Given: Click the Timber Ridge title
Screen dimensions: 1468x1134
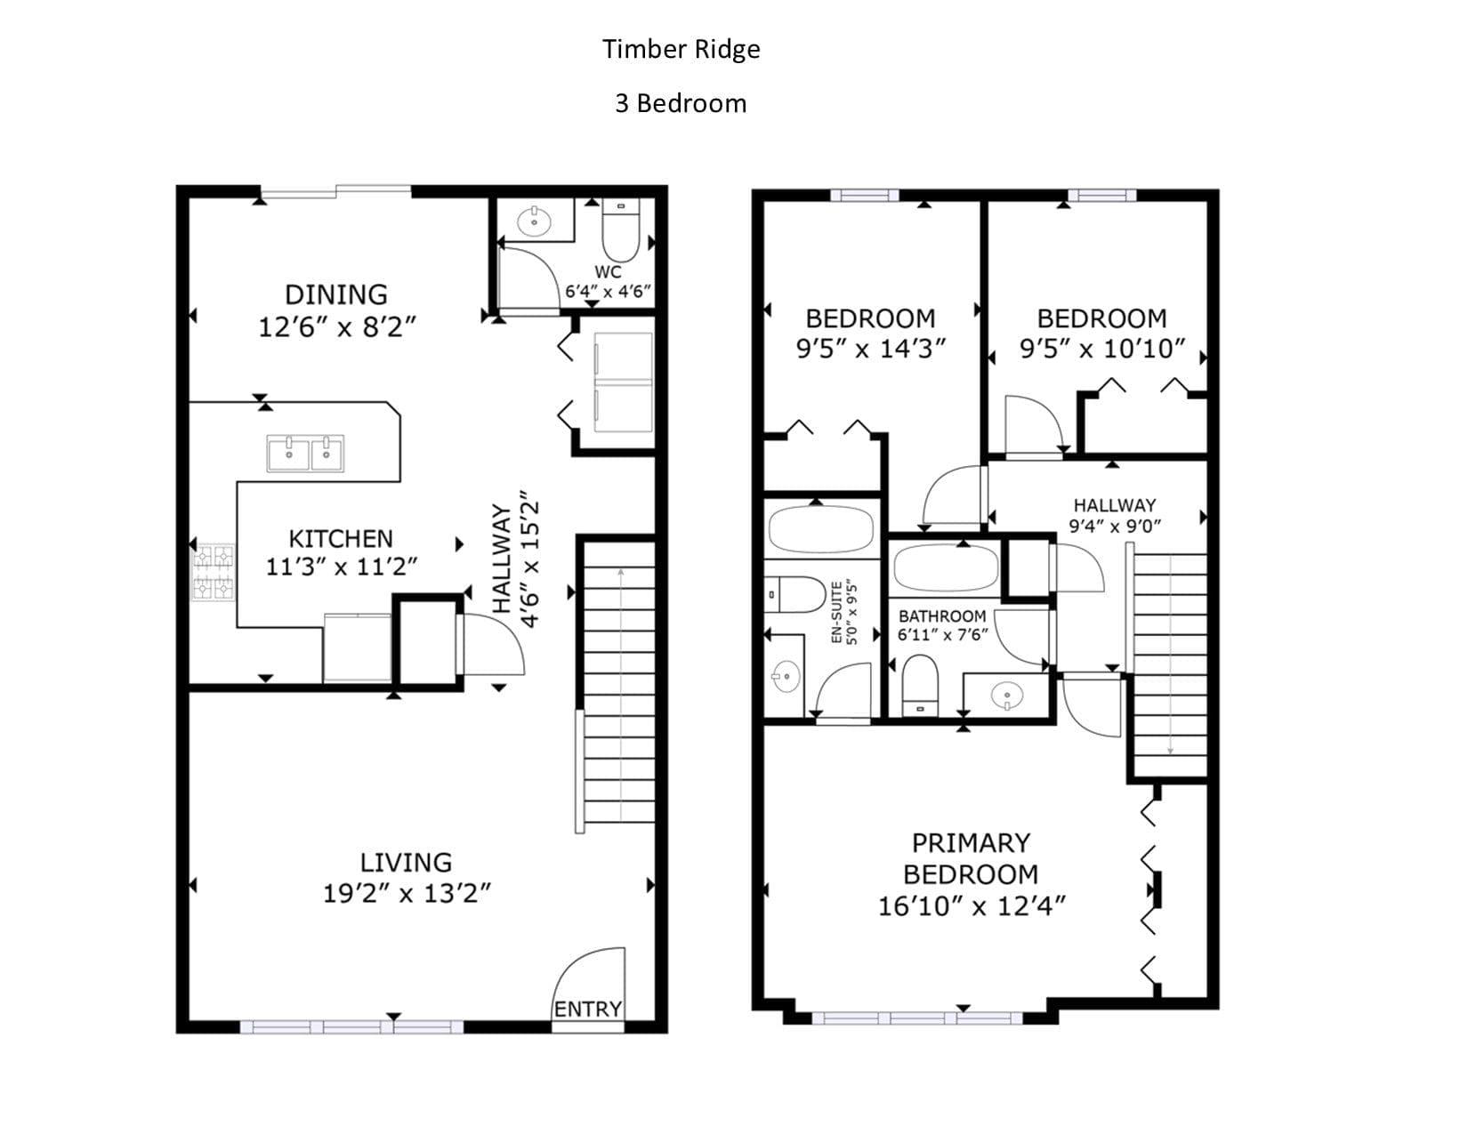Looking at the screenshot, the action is [x=681, y=49].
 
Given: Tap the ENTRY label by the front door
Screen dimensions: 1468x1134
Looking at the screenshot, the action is [x=588, y=1009].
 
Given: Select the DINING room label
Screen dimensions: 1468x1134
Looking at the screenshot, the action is [x=336, y=294].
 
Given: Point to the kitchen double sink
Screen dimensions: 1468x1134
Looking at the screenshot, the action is [x=305, y=453].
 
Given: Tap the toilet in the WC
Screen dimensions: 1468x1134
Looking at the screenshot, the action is [x=621, y=229].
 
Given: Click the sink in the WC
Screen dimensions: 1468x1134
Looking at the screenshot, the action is [x=535, y=221].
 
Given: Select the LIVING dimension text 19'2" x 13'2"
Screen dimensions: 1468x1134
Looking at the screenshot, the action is [x=407, y=894].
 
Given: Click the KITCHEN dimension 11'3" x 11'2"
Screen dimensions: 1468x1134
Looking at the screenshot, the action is [x=341, y=566].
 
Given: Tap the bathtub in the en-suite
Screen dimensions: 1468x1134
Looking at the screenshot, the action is [x=821, y=530].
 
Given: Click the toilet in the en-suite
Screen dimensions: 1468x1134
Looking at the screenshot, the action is [x=795, y=594].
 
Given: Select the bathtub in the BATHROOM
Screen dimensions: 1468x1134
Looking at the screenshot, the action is [x=945, y=568].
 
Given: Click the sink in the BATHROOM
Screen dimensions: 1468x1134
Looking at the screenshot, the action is [x=1006, y=695].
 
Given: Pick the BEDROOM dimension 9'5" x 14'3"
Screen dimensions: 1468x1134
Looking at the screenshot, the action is [x=871, y=349].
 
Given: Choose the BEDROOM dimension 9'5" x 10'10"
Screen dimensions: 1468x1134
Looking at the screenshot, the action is [x=1102, y=349].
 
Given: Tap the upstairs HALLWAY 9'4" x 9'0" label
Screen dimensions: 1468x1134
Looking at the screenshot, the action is [x=1115, y=515].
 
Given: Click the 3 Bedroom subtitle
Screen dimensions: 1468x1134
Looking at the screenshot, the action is [x=681, y=103].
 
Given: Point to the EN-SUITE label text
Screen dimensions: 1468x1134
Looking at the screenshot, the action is [x=836, y=612].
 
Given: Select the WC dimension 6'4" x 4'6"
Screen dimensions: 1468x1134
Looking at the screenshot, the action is [x=608, y=292].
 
